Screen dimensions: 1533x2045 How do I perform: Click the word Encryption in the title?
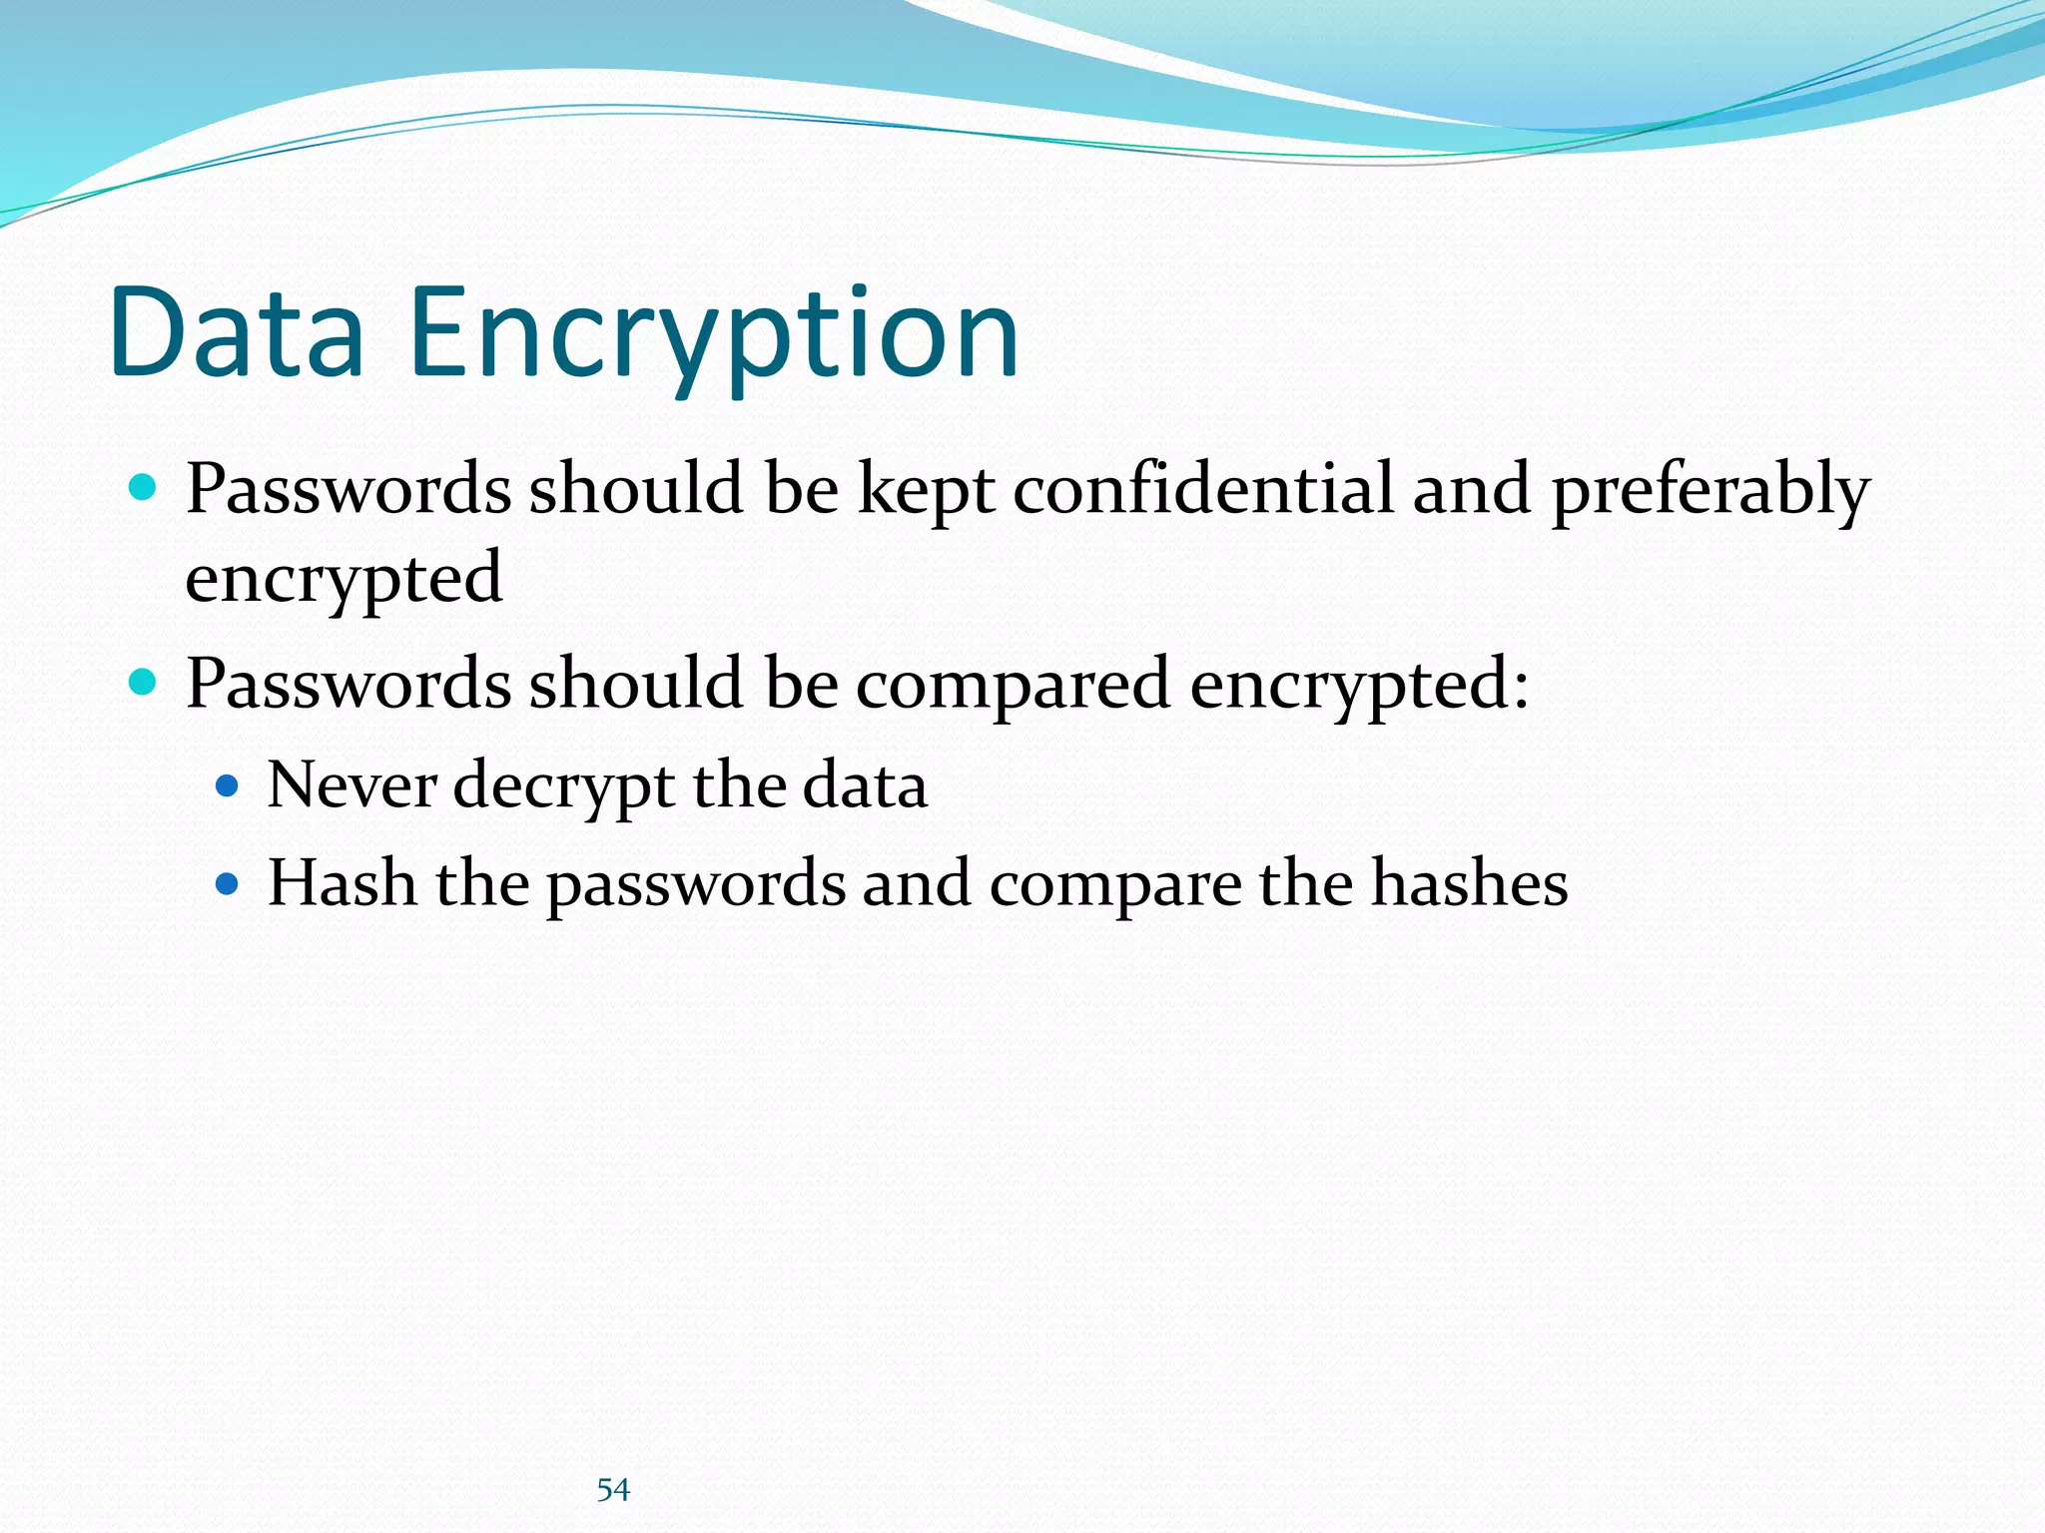(x=713, y=335)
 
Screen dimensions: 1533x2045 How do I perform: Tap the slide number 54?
(x=613, y=1490)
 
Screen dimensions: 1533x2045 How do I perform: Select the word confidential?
(x=1203, y=489)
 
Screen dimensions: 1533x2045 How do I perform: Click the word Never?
(x=351, y=784)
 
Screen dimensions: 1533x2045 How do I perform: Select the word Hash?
(x=342, y=882)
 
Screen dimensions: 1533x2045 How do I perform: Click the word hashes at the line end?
(x=1469, y=882)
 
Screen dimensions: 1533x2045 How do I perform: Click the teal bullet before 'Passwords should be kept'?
(x=144, y=488)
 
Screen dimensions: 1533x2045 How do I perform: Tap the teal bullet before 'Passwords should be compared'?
(x=144, y=683)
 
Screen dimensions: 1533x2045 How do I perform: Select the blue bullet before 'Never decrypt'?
(x=228, y=785)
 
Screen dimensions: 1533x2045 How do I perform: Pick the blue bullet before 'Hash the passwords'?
(x=228, y=883)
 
